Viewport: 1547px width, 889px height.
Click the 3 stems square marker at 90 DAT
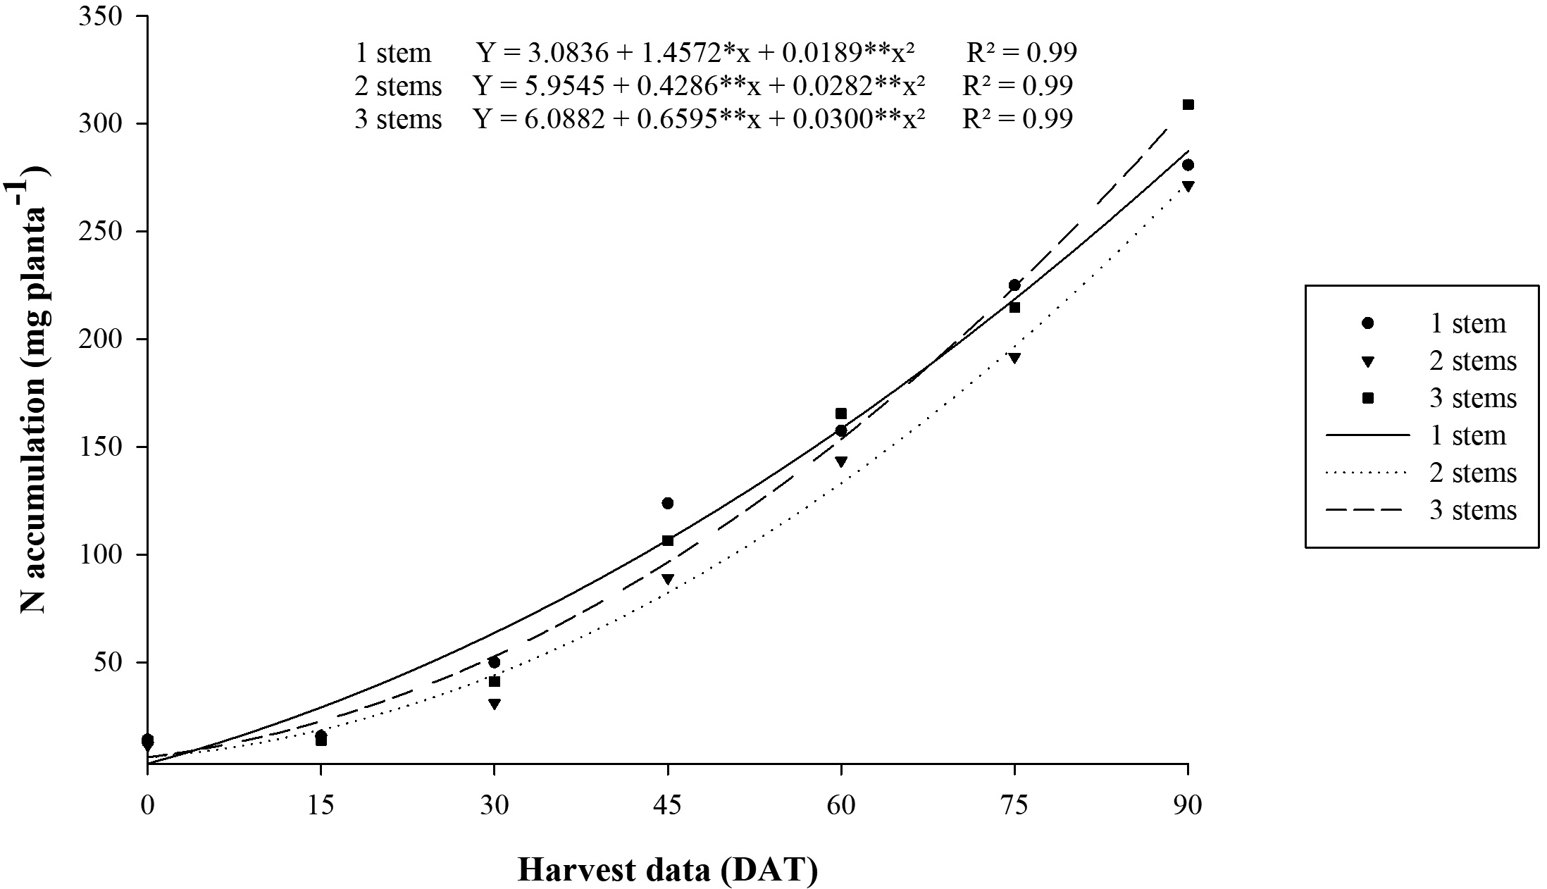[x=1188, y=105]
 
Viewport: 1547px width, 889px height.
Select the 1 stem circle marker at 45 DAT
[x=667, y=503]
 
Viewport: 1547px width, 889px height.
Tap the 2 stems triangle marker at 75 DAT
[x=1014, y=358]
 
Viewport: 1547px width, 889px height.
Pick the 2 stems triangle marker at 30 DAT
[x=495, y=704]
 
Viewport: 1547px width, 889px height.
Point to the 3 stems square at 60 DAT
[x=841, y=414]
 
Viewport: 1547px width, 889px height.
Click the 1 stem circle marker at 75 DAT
[x=1014, y=285]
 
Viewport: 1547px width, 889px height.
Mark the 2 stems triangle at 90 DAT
[x=1188, y=187]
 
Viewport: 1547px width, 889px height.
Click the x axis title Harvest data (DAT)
[x=667, y=871]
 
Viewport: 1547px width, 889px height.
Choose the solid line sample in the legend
[x=1367, y=435]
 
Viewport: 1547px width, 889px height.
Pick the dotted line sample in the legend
[x=1367, y=473]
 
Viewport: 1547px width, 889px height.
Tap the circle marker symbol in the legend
[x=1368, y=323]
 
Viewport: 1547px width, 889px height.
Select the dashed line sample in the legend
[x=1367, y=510]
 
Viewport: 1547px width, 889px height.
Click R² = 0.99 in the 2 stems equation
[x=1017, y=86]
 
